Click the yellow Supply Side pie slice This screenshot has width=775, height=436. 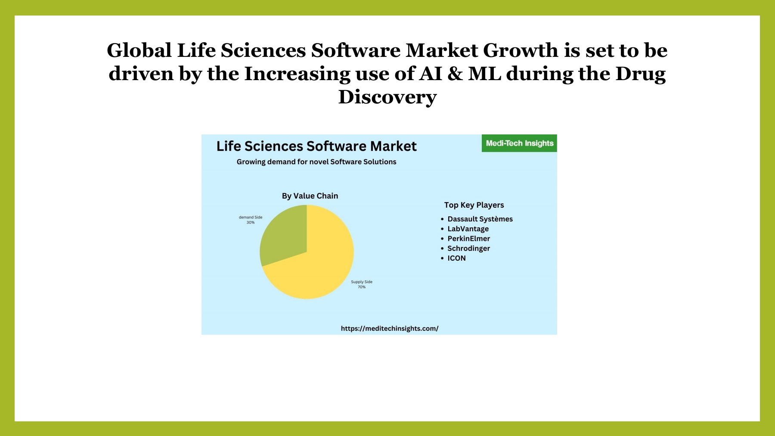(319, 267)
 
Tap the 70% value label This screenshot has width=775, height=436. (362, 287)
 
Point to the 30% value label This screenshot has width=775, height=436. (251, 222)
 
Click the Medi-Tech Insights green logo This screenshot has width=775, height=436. (519, 143)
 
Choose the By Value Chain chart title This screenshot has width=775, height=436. (310, 196)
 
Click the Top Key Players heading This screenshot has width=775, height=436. (474, 205)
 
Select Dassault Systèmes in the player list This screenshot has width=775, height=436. (480, 219)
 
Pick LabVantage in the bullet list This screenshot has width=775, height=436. (468, 229)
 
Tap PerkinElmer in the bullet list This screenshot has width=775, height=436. (468, 239)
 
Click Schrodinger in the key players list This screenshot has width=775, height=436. (468, 249)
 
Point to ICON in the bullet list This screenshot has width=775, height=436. (456, 258)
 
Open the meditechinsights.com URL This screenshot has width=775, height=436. (390, 328)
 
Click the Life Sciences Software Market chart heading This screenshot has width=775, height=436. (316, 146)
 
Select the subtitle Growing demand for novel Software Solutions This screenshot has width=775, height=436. (316, 162)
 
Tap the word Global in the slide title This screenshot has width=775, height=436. (139, 50)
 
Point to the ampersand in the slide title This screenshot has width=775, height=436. (455, 74)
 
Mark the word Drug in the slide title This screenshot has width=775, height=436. (640, 74)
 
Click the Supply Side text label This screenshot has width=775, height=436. (362, 282)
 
